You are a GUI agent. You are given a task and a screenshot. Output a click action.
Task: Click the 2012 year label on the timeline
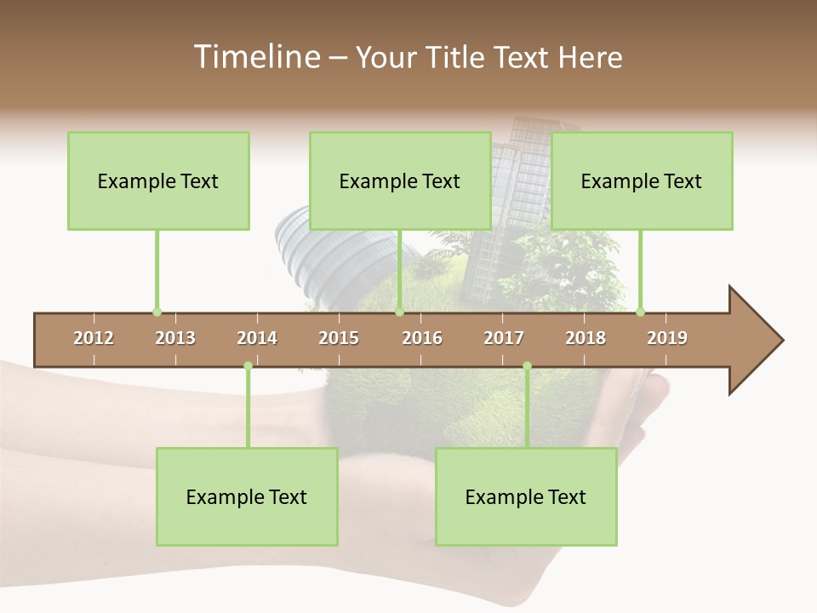(x=94, y=338)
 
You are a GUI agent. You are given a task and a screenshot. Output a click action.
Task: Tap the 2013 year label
(x=175, y=338)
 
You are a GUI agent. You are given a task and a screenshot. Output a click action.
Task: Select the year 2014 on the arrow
(x=257, y=338)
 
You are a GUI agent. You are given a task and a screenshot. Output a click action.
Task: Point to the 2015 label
(x=339, y=338)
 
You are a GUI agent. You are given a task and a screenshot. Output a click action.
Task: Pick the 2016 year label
(x=422, y=338)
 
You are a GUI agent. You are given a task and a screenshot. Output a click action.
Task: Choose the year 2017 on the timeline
(x=504, y=338)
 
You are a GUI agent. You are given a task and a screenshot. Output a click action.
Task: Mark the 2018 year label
(x=586, y=338)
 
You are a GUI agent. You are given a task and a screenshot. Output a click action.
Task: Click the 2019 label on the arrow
(x=667, y=338)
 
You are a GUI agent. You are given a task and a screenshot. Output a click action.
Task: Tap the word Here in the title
(x=590, y=57)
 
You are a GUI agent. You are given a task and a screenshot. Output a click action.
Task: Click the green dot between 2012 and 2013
(x=157, y=312)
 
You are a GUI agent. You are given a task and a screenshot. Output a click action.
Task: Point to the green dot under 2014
(x=248, y=366)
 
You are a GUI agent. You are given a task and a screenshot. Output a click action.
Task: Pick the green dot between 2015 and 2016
(x=399, y=312)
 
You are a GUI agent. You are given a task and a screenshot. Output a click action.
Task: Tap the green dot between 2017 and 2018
(x=527, y=366)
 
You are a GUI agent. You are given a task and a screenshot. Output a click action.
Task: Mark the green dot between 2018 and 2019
(x=640, y=312)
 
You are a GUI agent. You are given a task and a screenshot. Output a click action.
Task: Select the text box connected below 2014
(x=247, y=496)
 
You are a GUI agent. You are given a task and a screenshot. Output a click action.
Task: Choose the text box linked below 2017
(x=526, y=496)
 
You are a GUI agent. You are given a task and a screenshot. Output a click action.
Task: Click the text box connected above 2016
(x=400, y=180)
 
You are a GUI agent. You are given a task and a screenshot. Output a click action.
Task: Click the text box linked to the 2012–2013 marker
(x=158, y=180)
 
